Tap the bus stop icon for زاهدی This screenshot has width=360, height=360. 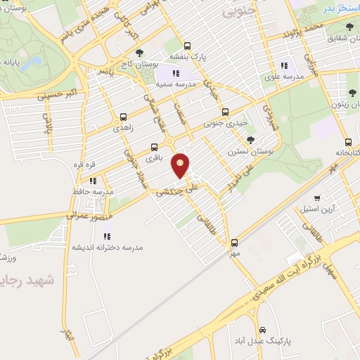point(124,117)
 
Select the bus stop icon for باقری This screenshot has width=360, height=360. point(154,148)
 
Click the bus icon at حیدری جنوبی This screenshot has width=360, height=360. point(225,112)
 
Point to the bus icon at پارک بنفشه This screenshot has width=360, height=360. point(186,44)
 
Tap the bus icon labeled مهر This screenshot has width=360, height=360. point(235,243)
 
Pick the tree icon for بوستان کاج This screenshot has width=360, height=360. point(139,52)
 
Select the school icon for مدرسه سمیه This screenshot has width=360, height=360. point(176,72)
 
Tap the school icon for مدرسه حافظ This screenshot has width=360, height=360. point(93,180)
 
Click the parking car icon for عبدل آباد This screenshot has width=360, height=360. point(262,330)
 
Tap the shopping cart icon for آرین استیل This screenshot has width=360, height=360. point(318,199)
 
